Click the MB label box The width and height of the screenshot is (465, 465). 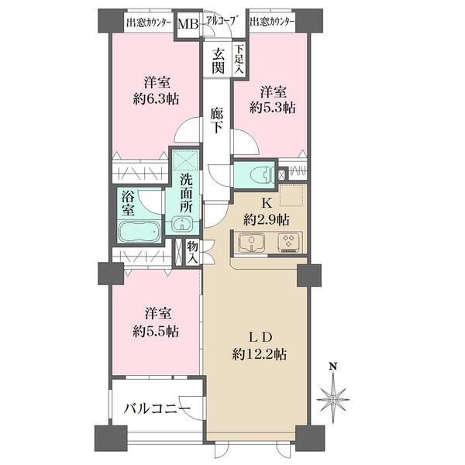(x=188, y=26)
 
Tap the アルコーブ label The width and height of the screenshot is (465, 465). (x=220, y=22)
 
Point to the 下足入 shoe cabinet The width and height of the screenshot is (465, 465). (x=239, y=60)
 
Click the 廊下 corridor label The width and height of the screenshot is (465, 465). (x=219, y=122)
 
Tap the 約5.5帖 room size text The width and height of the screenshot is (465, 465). (x=157, y=331)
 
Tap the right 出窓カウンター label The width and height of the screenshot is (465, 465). (x=272, y=22)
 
